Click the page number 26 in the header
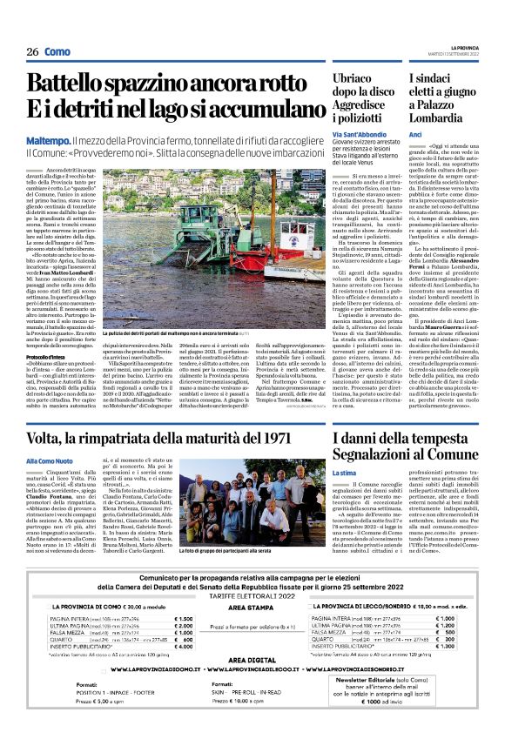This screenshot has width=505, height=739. point(32,51)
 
